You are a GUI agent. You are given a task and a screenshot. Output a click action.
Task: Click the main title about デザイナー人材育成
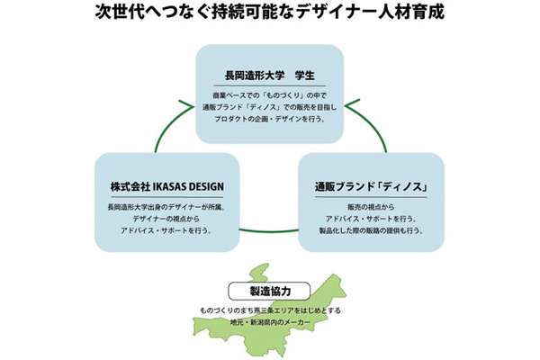click(x=270, y=15)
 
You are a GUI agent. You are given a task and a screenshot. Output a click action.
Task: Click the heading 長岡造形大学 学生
click(x=269, y=75)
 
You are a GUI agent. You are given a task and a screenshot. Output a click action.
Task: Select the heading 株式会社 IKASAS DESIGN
click(x=166, y=187)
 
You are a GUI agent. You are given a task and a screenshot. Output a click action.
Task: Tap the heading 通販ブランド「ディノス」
click(x=370, y=187)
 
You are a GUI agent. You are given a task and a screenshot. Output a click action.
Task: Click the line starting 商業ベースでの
click(x=270, y=94)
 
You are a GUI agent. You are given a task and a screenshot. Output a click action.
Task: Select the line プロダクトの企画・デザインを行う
click(x=270, y=121)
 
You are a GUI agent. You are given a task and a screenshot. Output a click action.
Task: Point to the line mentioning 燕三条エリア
click(x=270, y=311)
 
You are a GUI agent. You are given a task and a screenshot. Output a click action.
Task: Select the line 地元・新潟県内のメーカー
click(x=270, y=323)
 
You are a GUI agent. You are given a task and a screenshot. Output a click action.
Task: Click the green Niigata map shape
click(x=270, y=342)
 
